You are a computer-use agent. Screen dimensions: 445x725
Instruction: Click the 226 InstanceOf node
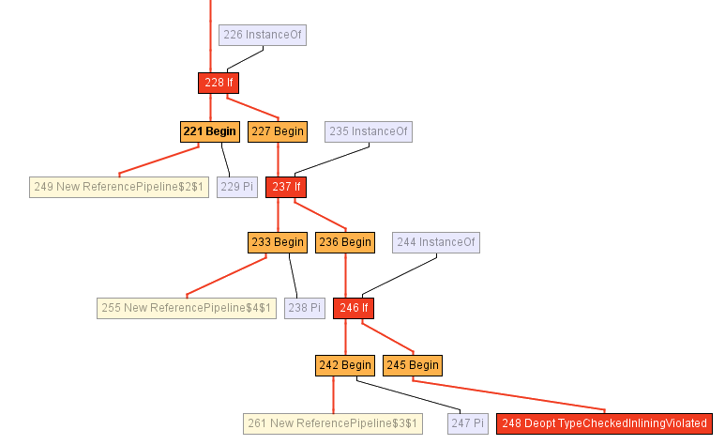[x=263, y=35]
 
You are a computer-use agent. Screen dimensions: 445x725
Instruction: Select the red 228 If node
[x=218, y=83]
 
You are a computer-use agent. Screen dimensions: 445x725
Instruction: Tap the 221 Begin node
[x=209, y=131]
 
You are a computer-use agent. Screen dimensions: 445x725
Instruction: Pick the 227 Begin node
[x=277, y=131]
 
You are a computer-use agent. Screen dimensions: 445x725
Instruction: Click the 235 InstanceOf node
[x=369, y=131]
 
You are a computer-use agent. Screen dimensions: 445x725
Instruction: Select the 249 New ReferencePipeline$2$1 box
[x=118, y=187]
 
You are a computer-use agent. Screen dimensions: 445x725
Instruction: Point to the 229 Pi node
[x=236, y=187]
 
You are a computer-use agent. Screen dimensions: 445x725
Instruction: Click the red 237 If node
[x=286, y=187]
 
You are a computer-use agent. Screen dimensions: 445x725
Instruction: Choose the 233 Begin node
[x=277, y=242]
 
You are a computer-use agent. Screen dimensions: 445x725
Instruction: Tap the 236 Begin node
[x=344, y=242]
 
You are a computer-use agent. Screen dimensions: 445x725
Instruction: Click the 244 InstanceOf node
[x=435, y=242]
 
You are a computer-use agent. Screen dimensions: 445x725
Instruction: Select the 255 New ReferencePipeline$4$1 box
[x=187, y=308]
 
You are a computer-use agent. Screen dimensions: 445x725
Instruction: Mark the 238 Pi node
[x=304, y=308]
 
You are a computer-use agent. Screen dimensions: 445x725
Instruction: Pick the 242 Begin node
[x=344, y=365]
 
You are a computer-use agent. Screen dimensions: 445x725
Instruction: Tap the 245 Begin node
[x=412, y=365]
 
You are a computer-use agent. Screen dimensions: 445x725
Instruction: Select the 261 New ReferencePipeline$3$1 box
[x=333, y=423]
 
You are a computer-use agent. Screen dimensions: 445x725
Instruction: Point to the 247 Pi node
[x=467, y=423]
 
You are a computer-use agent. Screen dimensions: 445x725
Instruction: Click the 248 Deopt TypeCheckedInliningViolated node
[x=604, y=423]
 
